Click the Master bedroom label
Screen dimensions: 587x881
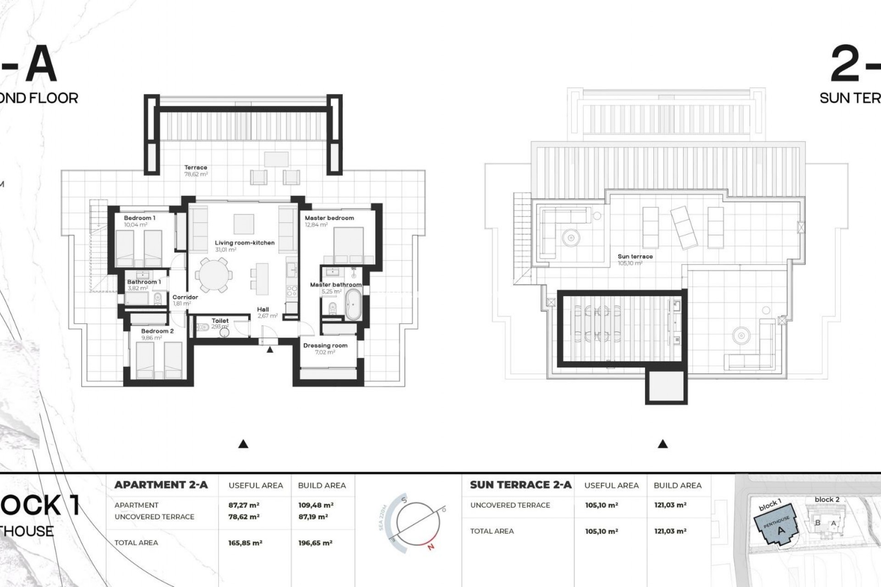click(329, 218)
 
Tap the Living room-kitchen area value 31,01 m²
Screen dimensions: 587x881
click(225, 250)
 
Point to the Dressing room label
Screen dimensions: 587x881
click(325, 345)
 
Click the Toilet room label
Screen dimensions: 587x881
click(220, 321)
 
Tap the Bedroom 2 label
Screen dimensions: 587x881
click(157, 331)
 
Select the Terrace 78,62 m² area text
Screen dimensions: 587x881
click(196, 174)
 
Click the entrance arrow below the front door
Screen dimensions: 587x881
click(270, 350)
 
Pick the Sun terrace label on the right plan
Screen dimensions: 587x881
click(635, 256)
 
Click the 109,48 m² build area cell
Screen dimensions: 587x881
click(315, 505)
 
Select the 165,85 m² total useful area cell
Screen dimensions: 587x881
click(245, 543)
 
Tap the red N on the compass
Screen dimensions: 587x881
click(430, 546)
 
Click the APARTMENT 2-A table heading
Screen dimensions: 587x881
click(161, 485)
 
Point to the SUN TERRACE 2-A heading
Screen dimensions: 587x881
click(520, 485)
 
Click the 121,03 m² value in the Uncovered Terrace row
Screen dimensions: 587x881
click(670, 505)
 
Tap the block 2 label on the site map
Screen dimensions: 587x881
click(827, 499)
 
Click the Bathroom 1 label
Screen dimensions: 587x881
click(144, 282)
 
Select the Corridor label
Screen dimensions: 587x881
click(185, 297)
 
